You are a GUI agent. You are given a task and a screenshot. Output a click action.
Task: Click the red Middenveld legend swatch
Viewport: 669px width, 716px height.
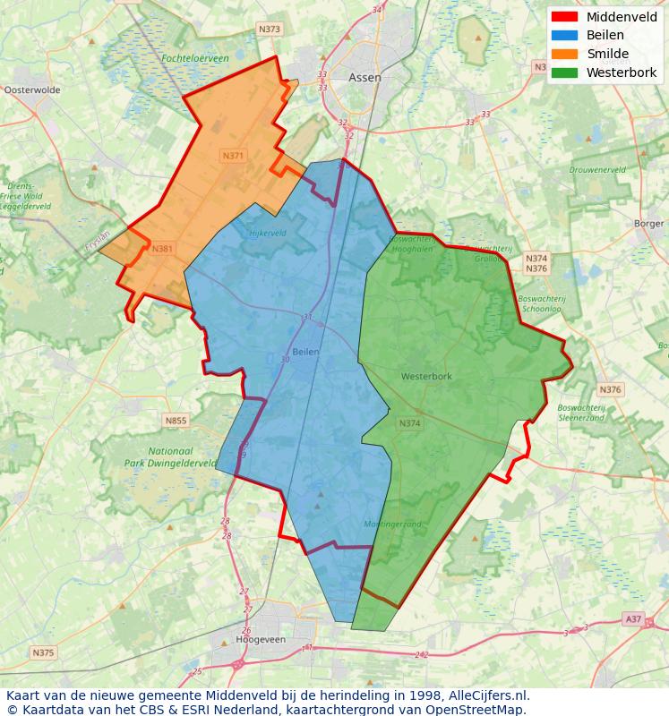tap(564, 17)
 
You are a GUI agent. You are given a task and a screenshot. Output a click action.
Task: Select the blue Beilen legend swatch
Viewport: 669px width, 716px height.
tap(564, 36)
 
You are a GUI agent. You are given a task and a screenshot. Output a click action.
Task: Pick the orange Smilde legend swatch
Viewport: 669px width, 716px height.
tap(564, 54)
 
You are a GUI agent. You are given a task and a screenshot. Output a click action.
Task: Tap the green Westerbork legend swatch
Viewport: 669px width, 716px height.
tap(564, 72)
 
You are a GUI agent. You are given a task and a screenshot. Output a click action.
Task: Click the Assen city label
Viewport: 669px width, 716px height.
tap(365, 78)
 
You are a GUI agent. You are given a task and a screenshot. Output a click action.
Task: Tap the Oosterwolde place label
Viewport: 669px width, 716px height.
tap(32, 90)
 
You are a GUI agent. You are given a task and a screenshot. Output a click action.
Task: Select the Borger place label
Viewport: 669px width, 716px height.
tap(648, 223)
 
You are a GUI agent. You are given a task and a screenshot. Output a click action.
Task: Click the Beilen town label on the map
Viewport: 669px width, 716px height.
tap(305, 352)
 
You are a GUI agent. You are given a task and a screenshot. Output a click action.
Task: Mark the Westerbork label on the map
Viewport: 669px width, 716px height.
tap(426, 377)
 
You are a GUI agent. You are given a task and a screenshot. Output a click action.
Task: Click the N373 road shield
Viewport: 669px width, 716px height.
tap(269, 30)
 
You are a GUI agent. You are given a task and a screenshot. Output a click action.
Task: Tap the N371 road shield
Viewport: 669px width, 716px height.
tap(232, 156)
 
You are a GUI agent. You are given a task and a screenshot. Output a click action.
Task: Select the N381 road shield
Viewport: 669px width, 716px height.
tap(163, 249)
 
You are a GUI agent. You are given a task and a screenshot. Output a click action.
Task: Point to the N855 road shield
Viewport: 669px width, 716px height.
tap(176, 420)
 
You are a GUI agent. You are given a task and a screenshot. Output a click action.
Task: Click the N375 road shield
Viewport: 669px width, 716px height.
tap(43, 652)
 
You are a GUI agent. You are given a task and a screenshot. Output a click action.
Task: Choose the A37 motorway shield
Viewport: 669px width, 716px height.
tap(633, 618)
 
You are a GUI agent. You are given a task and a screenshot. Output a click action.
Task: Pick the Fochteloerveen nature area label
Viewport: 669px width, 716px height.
tap(195, 58)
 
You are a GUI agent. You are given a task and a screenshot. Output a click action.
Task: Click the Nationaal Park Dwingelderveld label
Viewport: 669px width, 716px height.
tap(183, 457)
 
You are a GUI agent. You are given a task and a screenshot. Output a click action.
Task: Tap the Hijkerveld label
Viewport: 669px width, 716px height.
tap(265, 234)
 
